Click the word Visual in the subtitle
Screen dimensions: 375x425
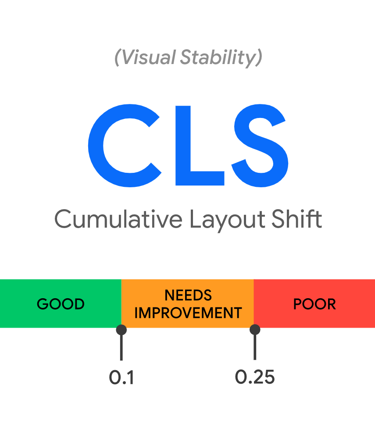click(149, 57)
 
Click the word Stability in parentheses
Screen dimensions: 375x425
click(218, 58)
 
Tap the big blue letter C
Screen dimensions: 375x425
click(125, 146)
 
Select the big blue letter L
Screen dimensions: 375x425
click(200, 146)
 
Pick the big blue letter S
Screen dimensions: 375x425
click(260, 146)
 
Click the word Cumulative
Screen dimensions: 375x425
click(118, 219)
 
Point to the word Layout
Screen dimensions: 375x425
click(227, 220)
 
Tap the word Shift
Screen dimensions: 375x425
click(296, 218)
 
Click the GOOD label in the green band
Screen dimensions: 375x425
click(61, 304)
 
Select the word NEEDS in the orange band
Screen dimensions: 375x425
click(188, 295)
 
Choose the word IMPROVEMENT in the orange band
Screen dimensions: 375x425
click(188, 313)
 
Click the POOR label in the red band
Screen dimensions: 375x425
click(314, 304)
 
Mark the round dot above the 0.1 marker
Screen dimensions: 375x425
click(121, 330)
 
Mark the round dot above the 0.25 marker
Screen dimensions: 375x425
click(255, 329)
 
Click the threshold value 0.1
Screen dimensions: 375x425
click(121, 377)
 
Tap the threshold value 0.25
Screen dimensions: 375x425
click(255, 377)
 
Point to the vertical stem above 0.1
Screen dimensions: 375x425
click(121, 348)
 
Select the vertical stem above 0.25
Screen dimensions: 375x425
click(255, 347)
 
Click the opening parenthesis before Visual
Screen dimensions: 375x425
click(117, 57)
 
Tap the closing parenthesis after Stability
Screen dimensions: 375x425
click(259, 57)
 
